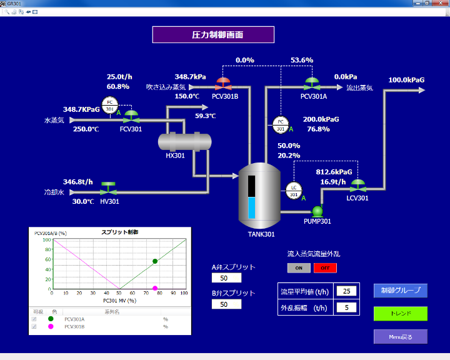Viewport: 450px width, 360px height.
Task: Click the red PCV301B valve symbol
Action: [223, 83]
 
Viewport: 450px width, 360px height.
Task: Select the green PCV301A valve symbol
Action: [312, 83]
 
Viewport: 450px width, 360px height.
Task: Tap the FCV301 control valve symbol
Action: [131, 116]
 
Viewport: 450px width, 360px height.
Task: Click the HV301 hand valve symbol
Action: [109, 187]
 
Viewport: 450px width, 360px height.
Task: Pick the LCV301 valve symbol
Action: [358, 186]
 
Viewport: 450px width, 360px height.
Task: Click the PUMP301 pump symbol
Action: [317, 210]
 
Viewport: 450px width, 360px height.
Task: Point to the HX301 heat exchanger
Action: [184, 142]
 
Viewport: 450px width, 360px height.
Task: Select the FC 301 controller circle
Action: [110, 105]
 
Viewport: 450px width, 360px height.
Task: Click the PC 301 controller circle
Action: [281, 124]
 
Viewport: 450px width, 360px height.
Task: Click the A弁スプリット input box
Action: [226, 277]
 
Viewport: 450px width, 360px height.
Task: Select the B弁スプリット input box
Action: [226, 304]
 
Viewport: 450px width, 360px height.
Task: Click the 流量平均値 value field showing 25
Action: [346, 291]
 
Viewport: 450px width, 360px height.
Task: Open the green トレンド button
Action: [400, 313]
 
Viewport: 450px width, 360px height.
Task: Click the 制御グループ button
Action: [400, 290]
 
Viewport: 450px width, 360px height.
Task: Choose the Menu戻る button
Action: [400, 336]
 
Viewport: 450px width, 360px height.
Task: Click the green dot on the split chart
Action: [155, 261]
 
